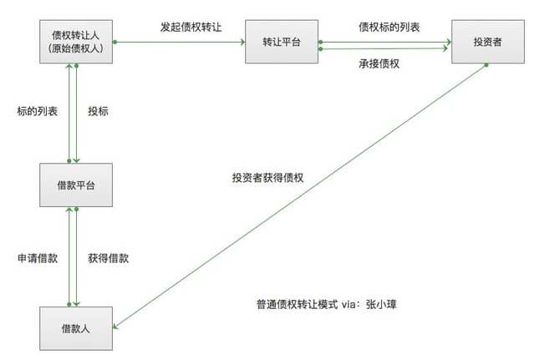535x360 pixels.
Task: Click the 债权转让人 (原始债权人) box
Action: pos(76,42)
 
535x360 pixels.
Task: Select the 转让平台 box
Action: pos(282,42)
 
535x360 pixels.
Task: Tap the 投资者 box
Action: pos(488,42)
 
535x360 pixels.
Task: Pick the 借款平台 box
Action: pos(76,185)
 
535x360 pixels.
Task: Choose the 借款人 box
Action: pos(76,328)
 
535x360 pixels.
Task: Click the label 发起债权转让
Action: pos(191,27)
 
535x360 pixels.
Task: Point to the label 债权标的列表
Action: pos(389,27)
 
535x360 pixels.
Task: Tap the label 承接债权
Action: pos(379,63)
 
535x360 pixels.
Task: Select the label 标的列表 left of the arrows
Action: pos(37,111)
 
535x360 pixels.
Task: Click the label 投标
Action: pos(98,111)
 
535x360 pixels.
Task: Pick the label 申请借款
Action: pos(38,258)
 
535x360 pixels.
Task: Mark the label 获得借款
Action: pos(108,258)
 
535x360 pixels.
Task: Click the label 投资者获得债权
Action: pos(267,178)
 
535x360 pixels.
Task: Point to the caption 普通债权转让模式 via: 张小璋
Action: pos(327,304)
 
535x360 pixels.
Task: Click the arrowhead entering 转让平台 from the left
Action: pos(243,42)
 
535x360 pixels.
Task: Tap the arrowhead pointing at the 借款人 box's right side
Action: pos(115,327)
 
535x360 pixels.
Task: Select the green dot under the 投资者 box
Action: pos(487,65)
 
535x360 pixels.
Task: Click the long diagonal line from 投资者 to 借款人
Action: pos(299,196)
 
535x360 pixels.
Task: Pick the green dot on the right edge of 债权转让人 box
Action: pos(115,42)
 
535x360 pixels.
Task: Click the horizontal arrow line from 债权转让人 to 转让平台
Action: pos(179,42)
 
